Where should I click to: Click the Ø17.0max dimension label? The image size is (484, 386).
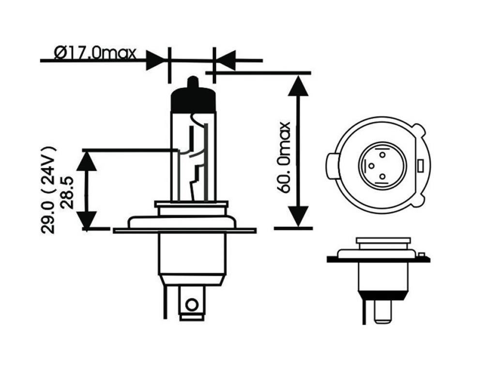click(95, 53)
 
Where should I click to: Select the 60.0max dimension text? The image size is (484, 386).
click(284, 157)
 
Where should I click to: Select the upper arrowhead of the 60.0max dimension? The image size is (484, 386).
click(298, 86)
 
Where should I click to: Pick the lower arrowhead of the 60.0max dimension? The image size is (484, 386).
click(298, 216)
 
